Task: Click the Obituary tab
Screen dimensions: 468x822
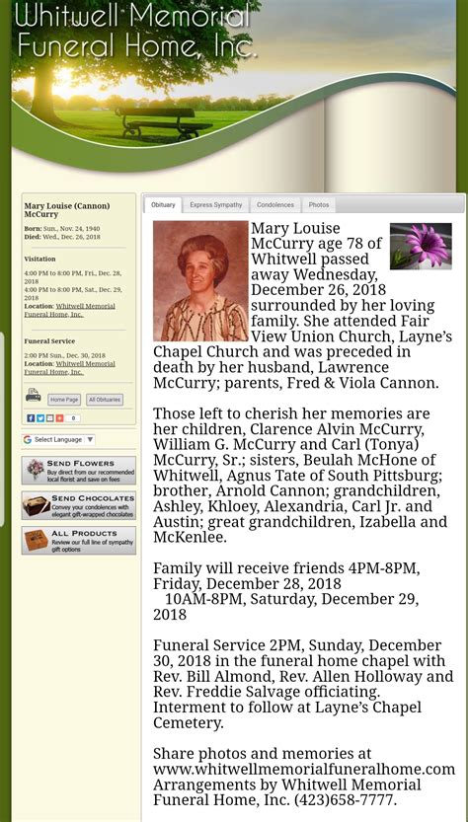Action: point(163,205)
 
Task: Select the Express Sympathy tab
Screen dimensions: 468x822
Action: point(215,205)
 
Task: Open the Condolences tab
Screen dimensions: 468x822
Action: point(274,205)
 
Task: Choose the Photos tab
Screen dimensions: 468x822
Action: point(318,205)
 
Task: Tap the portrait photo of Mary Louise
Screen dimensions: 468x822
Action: point(200,281)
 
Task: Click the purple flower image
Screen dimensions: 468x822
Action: point(421,247)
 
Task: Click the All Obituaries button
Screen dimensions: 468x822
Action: point(105,400)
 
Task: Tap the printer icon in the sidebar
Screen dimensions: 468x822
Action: point(34,396)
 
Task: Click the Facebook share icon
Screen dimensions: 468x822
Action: point(31,418)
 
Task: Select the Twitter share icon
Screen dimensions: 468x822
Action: point(40,418)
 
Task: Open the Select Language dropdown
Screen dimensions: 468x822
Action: point(59,440)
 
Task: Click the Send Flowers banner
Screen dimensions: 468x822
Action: point(79,471)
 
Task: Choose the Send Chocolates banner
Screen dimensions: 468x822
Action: point(79,506)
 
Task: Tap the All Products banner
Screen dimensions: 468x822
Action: point(79,541)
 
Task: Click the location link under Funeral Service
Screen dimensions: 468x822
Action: point(69,368)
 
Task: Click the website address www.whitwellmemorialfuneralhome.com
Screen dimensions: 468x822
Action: point(303,769)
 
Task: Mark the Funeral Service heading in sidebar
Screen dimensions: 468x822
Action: point(50,341)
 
